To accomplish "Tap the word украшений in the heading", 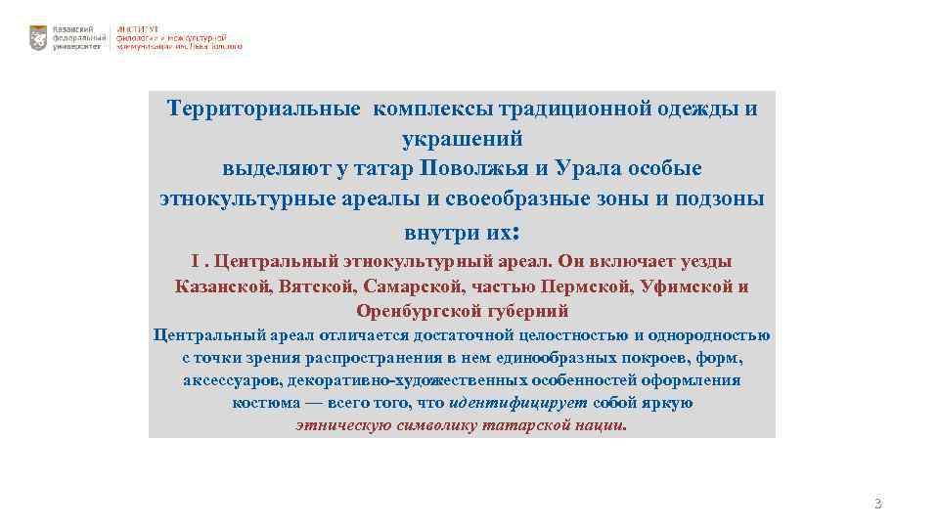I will [463, 138].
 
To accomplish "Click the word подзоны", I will [721, 198].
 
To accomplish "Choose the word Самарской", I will [413, 286].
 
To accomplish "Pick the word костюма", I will [263, 403].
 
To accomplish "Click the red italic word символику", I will [438, 426].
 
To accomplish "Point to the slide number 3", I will [877, 505].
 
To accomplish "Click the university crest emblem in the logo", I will [38, 38].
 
